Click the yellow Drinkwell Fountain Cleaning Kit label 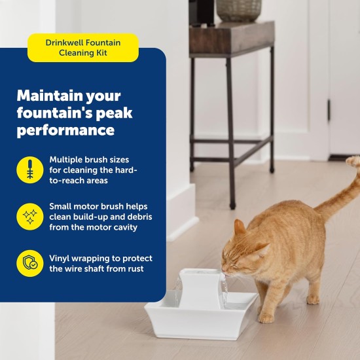coord(82,48)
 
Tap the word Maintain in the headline coord(48,95)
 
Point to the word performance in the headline coord(65,130)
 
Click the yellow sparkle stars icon coord(29,217)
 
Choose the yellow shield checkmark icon coord(29,264)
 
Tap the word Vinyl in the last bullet coord(61,258)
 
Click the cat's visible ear coord(240,228)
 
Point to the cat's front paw coord(265,318)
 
